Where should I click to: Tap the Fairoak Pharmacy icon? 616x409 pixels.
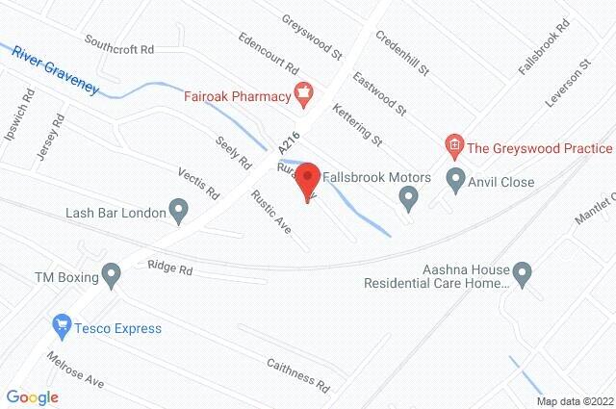tap(304, 95)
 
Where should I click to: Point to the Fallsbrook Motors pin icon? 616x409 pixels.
tap(408, 199)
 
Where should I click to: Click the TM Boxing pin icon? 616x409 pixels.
tap(113, 278)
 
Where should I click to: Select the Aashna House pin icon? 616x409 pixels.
tap(524, 274)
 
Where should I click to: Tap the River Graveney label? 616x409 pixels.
tap(56, 69)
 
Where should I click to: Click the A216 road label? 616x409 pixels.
tap(283, 143)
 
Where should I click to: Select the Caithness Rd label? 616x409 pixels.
tap(298, 373)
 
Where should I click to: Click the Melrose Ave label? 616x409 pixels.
tap(74, 369)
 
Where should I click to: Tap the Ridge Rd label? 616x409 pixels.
tap(170, 268)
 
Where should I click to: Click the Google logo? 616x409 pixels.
tap(32, 396)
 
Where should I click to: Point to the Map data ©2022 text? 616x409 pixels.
tap(574, 401)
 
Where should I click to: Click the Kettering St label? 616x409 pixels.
tap(355, 126)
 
